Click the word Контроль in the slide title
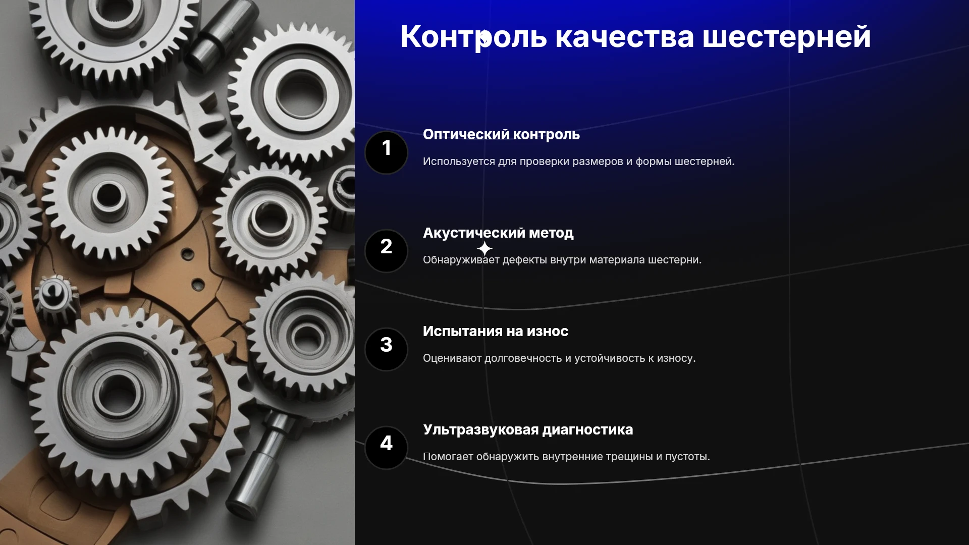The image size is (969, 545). pos(473,37)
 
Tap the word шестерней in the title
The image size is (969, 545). pos(786,37)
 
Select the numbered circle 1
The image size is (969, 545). pos(386,152)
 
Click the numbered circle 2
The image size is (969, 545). pos(386,251)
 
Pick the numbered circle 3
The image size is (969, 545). pos(386,349)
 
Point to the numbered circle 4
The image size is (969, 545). pos(386,448)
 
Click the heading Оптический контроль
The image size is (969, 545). pos(501,135)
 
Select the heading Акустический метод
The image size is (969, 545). pos(498,233)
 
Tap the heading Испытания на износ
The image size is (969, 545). pos(496,332)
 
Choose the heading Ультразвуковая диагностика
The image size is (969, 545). pos(528,430)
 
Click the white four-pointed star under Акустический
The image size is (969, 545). pos(484,249)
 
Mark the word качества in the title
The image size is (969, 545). pos(624,37)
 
